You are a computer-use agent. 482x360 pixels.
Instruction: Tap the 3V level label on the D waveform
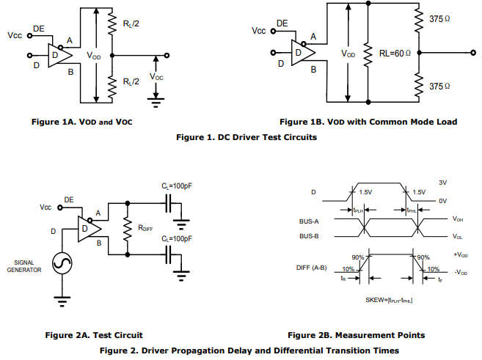442,182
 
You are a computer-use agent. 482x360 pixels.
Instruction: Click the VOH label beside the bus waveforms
459,218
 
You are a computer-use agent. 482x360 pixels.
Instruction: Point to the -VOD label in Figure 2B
461,272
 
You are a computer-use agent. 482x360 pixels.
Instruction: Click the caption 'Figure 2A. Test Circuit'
94,335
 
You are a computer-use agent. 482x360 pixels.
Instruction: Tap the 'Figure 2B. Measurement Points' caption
356,335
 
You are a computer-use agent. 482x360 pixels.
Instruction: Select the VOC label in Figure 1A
157,76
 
